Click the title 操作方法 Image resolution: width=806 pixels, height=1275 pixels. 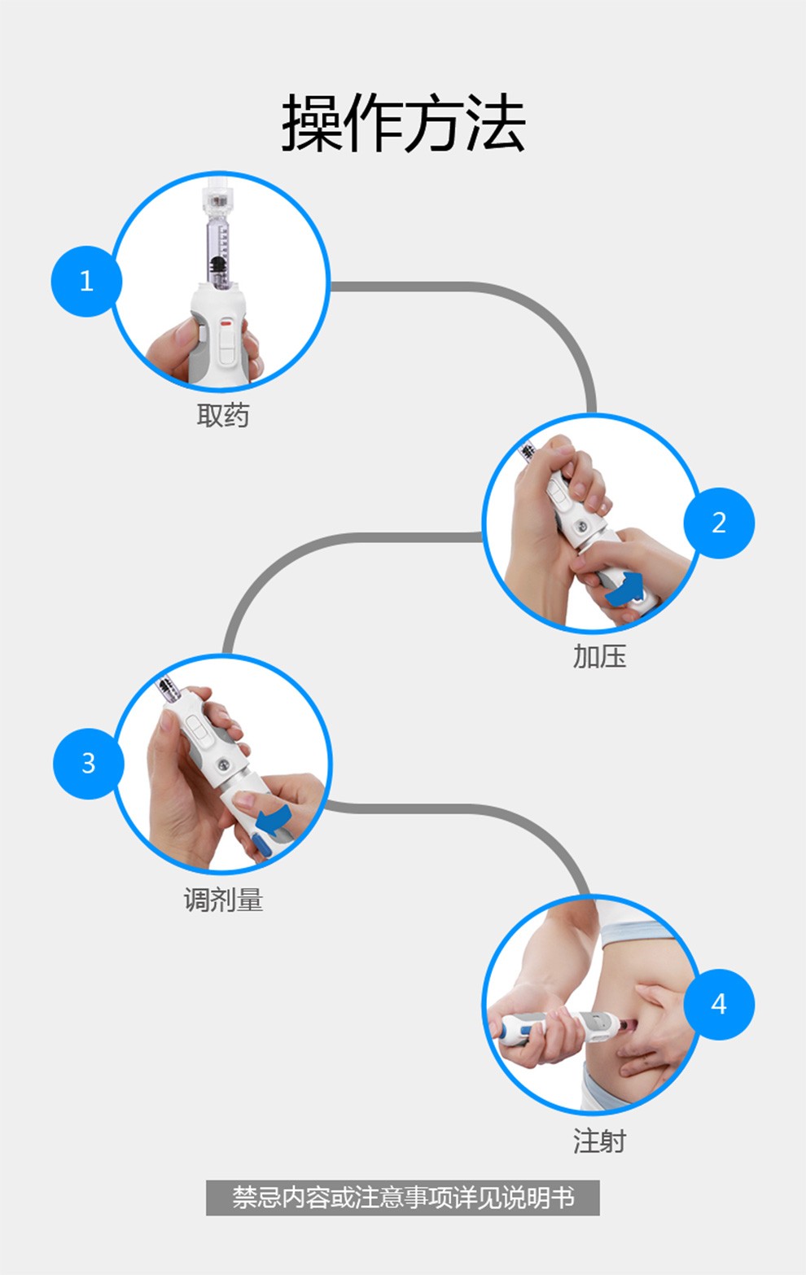[x=403, y=124]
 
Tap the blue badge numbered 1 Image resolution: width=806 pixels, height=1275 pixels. [x=86, y=281]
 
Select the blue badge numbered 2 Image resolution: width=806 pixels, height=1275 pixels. [x=719, y=523]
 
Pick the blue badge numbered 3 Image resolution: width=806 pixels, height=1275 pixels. [x=88, y=764]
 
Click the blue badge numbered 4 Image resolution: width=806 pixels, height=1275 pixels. [x=719, y=1004]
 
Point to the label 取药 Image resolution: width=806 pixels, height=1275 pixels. [x=222, y=415]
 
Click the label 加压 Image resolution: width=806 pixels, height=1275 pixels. [x=599, y=656]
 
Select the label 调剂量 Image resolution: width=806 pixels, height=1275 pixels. [x=223, y=900]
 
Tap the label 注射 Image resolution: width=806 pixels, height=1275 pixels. [x=599, y=1141]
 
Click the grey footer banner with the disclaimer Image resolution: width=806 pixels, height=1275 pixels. [x=403, y=1198]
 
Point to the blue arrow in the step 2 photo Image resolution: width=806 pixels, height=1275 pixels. [x=624, y=589]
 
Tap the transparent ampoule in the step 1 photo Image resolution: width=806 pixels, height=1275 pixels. [x=217, y=240]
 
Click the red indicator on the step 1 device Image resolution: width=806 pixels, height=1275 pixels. [x=227, y=322]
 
